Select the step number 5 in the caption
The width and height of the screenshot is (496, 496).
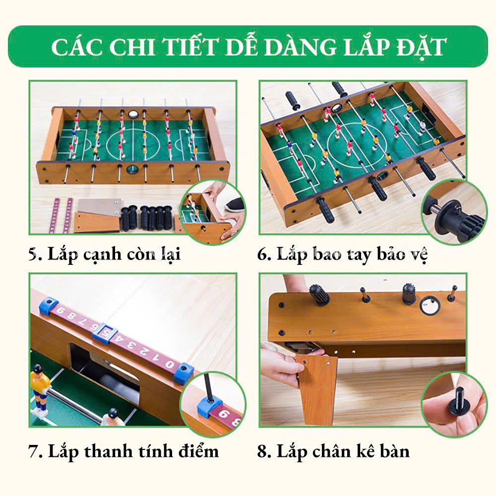[33, 254]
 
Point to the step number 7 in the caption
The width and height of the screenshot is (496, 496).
[33, 451]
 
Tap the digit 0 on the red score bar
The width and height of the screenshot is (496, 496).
[170, 365]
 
